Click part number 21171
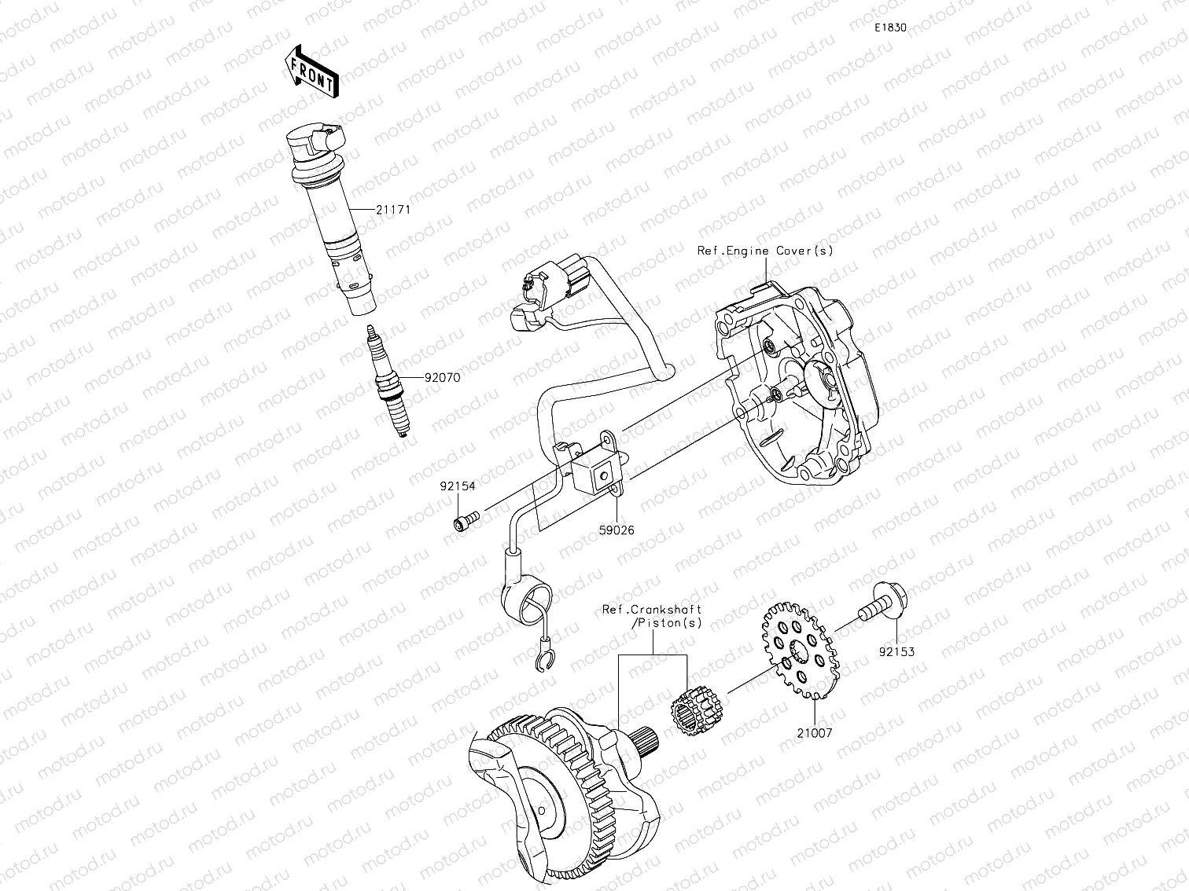click(393, 211)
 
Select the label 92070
click(442, 377)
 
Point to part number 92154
click(457, 486)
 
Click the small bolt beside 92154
click(466, 520)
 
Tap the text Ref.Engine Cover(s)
click(764, 251)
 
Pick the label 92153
click(896, 651)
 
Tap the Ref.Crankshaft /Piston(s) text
click(652, 615)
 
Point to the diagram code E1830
click(891, 27)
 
